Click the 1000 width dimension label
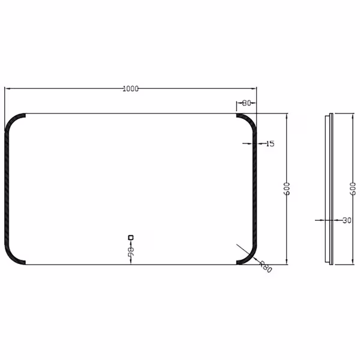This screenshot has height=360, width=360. pyautogui.click(x=130, y=89)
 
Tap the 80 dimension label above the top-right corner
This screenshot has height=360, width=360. pyautogui.click(x=246, y=103)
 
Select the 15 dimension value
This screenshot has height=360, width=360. pyautogui.click(x=269, y=143)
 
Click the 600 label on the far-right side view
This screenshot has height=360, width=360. pyautogui.click(x=353, y=190)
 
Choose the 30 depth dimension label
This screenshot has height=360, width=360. pyautogui.click(x=347, y=220)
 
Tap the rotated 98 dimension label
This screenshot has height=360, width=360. pyautogui.click(x=130, y=252)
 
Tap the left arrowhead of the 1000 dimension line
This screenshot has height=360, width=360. pyautogui.click(x=7, y=89)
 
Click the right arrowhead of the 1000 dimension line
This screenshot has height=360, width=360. pyautogui.click(x=254, y=89)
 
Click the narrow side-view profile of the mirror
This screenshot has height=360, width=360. pyautogui.click(x=329, y=188)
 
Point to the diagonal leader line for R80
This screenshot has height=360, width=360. pyautogui.click(x=247, y=251)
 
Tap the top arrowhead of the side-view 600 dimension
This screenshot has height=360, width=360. pyautogui.click(x=353, y=116)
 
